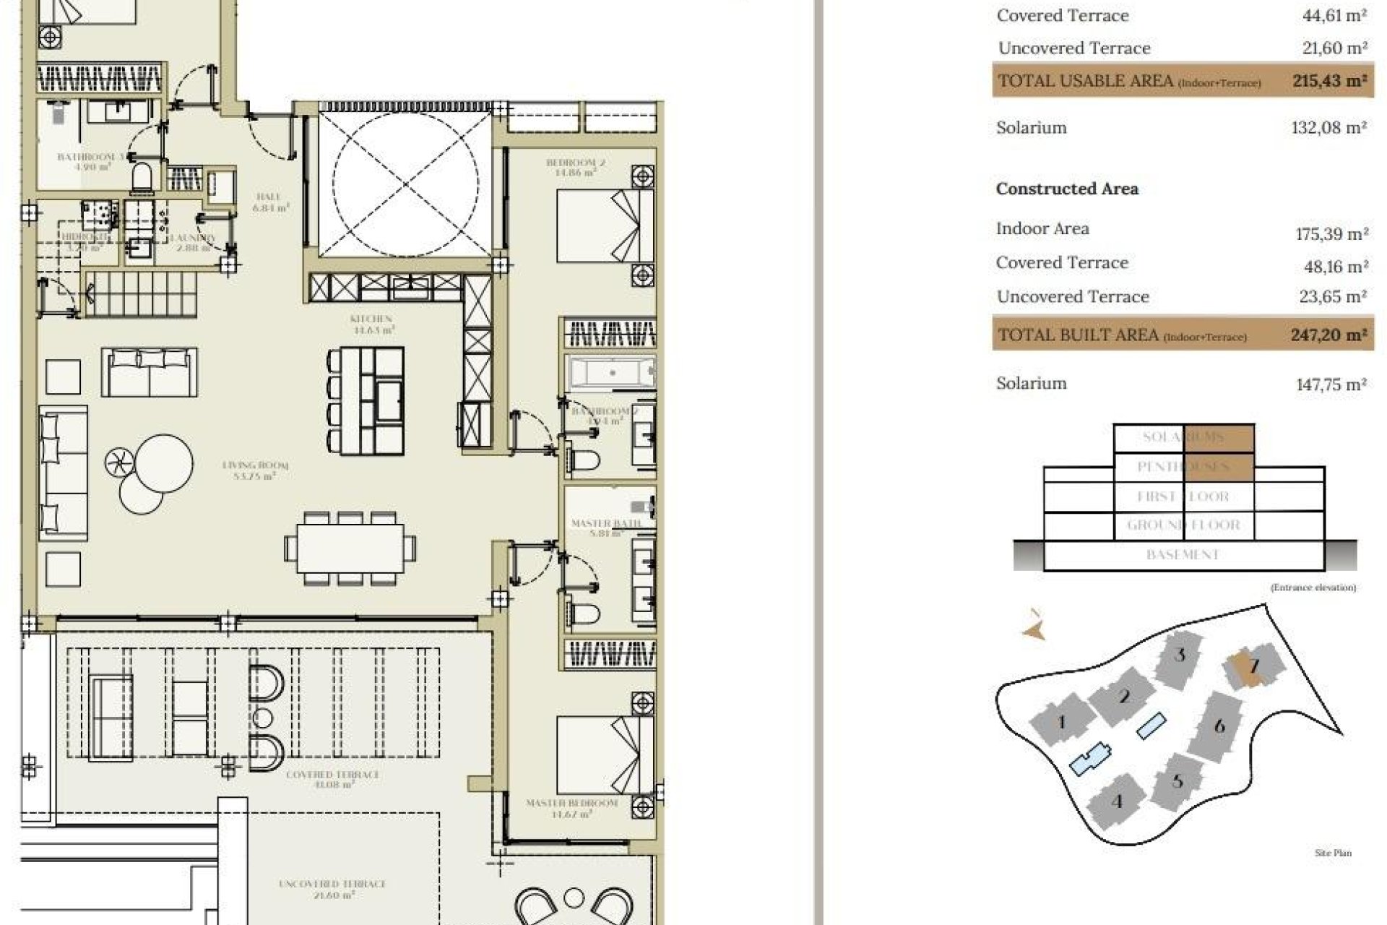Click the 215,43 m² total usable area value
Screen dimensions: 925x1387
pyautogui.click(x=1329, y=81)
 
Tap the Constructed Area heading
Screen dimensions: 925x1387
pyautogui.click(x=1067, y=189)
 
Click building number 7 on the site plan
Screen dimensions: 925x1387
pyautogui.click(x=1254, y=666)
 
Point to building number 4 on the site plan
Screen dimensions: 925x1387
pyautogui.click(x=1117, y=801)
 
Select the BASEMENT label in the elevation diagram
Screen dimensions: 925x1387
pyautogui.click(x=1183, y=555)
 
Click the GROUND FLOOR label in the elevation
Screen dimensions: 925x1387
pyautogui.click(x=1183, y=525)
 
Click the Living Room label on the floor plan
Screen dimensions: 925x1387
pyautogui.click(x=255, y=466)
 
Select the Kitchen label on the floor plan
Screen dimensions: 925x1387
pyautogui.click(x=371, y=319)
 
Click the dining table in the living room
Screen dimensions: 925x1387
pyautogui.click(x=350, y=548)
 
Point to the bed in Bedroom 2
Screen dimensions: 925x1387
pyautogui.click(x=598, y=225)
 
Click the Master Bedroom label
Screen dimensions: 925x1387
pyautogui.click(x=571, y=804)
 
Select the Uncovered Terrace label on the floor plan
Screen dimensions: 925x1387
pyautogui.click(x=332, y=885)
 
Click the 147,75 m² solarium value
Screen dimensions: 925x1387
pyautogui.click(x=1331, y=384)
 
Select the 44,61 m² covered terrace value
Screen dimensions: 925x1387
pyautogui.click(x=1334, y=16)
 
